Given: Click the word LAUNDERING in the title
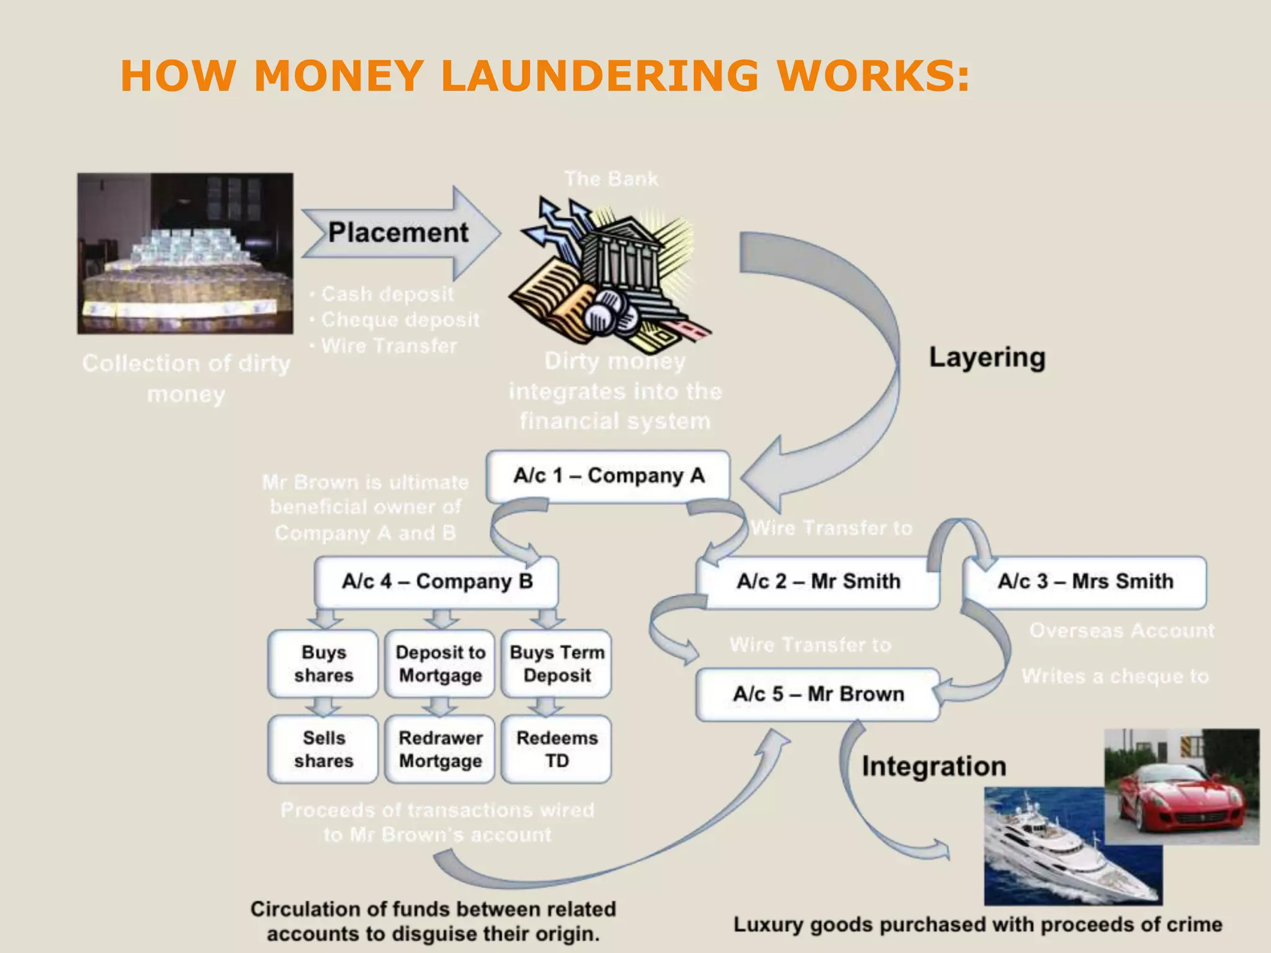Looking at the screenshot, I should [x=599, y=76].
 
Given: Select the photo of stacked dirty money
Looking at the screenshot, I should [x=185, y=253].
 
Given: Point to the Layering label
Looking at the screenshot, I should [x=987, y=357].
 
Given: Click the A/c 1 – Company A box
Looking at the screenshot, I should [x=608, y=476].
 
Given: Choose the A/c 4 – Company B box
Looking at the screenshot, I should [x=436, y=581].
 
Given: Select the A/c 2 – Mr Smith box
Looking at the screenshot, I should [x=818, y=581].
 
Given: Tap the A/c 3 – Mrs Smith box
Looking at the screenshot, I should [x=1085, y=581].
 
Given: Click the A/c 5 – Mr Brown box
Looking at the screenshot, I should [x=818, y=694].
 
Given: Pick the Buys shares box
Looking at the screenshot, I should [x=323, y=664].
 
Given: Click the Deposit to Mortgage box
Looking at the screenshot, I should [x=440, y=664].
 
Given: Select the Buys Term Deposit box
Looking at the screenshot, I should [x=557, y=664].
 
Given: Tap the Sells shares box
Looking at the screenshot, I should [x=323, y=749].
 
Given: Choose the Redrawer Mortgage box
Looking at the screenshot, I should [x=440, y=749].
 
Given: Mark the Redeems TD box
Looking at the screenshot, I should [x=557, y=749].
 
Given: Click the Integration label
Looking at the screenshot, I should [x=933, y=767].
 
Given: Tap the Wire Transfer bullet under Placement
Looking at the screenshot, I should [x=388, y=346].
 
